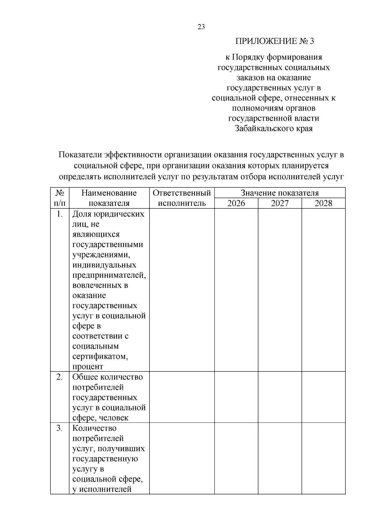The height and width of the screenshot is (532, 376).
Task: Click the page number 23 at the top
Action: point(201,27)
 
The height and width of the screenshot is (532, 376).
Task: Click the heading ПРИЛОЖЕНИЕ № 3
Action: point(274,41)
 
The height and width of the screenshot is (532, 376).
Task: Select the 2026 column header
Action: point(236,203)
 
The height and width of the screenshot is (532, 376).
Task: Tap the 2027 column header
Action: point(279,203)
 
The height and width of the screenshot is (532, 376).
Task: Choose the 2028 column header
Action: point(323,203)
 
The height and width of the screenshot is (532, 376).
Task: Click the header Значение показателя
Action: point(279,193)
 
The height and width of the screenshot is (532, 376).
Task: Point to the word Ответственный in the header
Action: point(182,193)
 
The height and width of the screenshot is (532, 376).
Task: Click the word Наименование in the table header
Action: point(109,193)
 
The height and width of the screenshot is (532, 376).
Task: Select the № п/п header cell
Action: point(60,198)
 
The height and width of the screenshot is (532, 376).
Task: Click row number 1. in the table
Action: point(60,214)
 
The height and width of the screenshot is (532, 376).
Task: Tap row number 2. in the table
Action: point(60,377)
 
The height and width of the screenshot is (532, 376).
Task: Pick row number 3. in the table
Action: point(60,428)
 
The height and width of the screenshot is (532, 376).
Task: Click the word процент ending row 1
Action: point(88,367)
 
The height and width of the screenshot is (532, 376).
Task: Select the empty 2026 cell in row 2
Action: point(236,397)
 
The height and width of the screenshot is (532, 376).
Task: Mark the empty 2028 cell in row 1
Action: point(323,290)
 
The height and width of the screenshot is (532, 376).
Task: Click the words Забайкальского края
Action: point(274,129)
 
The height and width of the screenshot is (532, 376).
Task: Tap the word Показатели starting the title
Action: point(80,155)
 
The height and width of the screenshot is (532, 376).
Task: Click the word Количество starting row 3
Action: point(94,428)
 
